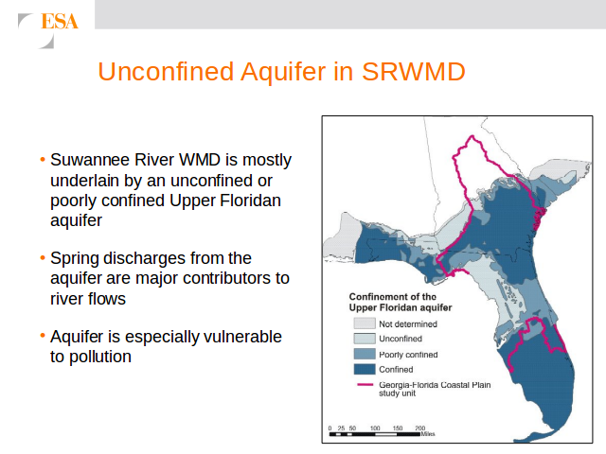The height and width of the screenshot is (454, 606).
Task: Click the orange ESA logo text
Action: (60, 21)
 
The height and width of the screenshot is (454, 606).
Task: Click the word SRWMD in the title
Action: (414, 72)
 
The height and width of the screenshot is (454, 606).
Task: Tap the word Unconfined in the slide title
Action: (166, 72)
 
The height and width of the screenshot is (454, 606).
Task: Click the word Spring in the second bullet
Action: (75, 258)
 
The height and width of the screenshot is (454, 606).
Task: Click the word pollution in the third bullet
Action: (100, 357)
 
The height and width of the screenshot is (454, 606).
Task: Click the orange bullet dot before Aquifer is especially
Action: (43, 336)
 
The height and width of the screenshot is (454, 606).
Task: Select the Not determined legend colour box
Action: (365, 323)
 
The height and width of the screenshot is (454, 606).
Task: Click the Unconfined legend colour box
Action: (365, 339)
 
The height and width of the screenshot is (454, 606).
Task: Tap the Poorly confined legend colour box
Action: (365, 354)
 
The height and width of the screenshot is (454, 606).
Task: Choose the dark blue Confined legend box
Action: (365, 370)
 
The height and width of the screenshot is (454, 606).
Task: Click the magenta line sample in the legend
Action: (365, 385)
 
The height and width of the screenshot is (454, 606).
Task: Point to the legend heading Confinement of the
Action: (393, 297)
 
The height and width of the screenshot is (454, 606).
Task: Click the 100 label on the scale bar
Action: (375, 428)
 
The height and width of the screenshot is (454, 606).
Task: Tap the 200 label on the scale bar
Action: (420, 428)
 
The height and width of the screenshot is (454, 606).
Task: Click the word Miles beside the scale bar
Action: (428, 434)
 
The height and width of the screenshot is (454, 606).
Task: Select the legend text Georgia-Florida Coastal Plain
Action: (435, 385)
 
